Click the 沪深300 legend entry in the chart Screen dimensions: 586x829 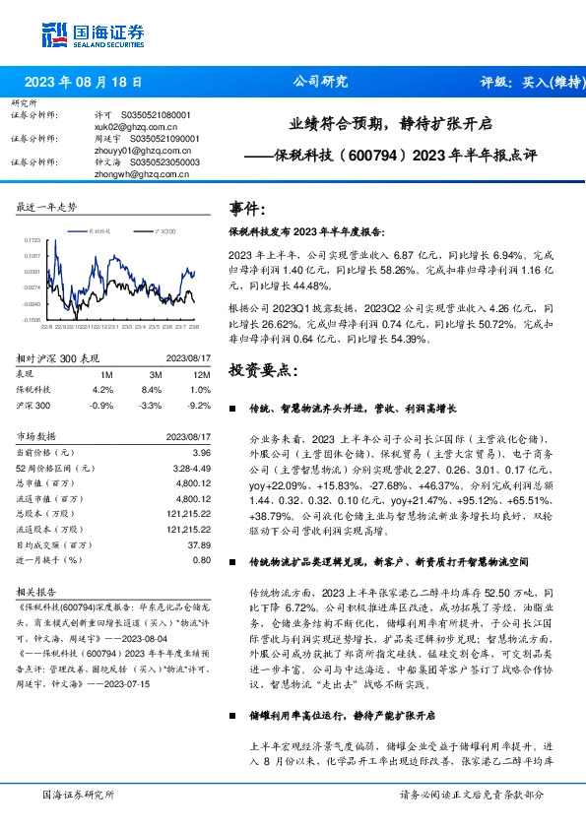point(165,229)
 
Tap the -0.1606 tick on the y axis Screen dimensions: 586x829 point(30,320)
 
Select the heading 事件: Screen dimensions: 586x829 point(246,210)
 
